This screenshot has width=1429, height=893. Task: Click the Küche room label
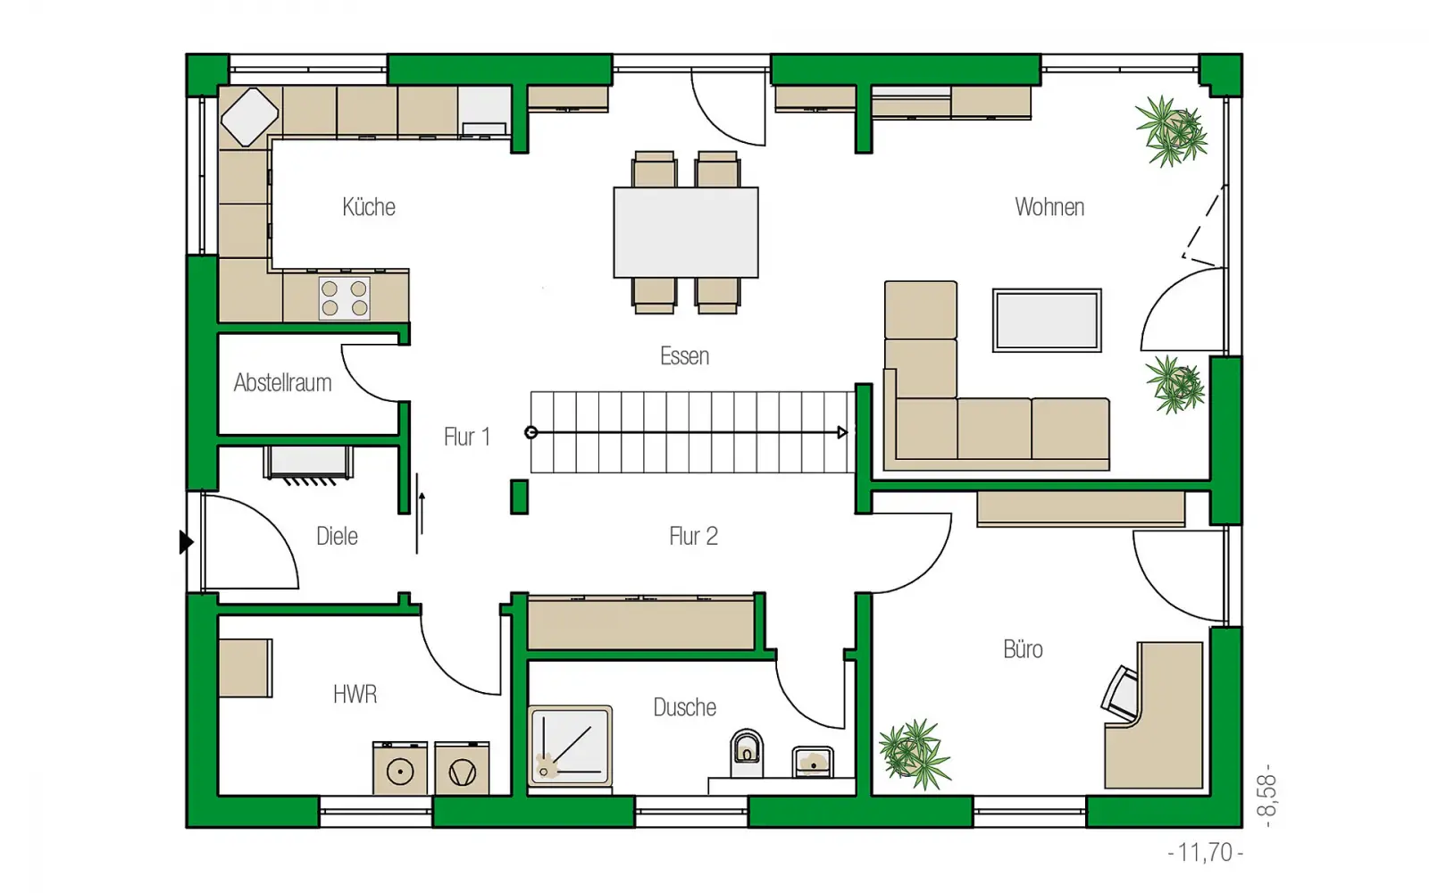click(369, 206)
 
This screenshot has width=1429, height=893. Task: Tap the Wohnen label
click(1049, 206)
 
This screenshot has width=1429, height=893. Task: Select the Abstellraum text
click(282, 383)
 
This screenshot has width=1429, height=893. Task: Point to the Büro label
click(1023, 649)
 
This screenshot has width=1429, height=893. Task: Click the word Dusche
click(684, 707)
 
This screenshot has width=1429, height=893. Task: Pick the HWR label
click(355, 694)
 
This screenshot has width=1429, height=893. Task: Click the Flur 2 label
click(693, 536)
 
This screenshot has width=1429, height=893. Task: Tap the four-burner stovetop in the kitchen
click(345, 298)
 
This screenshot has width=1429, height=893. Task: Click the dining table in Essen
click(686, 232)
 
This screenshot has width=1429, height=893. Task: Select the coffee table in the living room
click(1047, 321)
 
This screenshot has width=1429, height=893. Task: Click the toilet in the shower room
click(747, 752)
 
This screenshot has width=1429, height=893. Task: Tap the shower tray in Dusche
click(571, 745)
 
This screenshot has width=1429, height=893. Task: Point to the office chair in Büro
click(1120, 693)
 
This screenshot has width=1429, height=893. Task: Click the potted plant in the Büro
click(915, 754)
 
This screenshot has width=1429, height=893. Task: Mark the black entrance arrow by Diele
click(186, 542)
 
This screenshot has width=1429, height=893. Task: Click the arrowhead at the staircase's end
click(843, 432)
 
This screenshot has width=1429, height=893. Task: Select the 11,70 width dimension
click(1205, 852)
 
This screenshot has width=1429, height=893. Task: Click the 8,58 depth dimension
click(1267, 796)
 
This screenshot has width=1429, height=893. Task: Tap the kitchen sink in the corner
click(249, 117)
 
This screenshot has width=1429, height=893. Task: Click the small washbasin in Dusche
click(813, 763)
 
